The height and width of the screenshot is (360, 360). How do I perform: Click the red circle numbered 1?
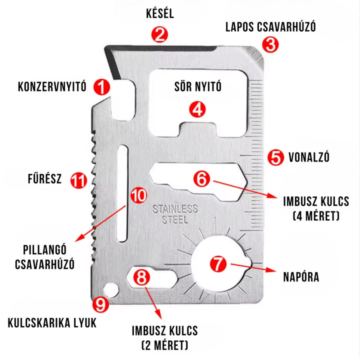click(101, 87)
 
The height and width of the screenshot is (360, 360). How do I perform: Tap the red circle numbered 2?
click(160, 34)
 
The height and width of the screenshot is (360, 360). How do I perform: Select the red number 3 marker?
click(270, 44)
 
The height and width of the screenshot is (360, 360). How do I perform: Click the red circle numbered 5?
click(274, 157)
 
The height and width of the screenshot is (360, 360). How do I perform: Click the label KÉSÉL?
click(160, 13)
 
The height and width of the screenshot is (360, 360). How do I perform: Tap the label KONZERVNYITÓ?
click(52, 87)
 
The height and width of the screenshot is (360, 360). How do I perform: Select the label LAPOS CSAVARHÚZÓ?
click(270, 26)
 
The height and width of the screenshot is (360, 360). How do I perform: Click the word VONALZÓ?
click(309, 157)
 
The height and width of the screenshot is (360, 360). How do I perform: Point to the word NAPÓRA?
click(300, 277)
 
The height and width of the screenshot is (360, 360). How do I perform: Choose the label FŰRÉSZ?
click(44, 179)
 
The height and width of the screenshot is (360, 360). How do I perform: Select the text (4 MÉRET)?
click(315, 216)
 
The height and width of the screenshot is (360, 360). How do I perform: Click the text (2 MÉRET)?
click(164, 344)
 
